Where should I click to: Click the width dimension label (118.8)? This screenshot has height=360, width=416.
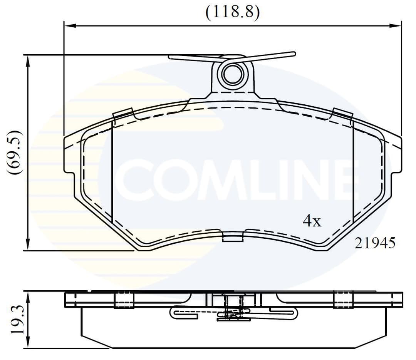click(x=232, y=12)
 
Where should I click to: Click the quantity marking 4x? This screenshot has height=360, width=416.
click(x=312, y=221)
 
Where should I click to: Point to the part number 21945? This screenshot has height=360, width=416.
click(x=375, y=243)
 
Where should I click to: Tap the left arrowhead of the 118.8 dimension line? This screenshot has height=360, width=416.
click(x=69, y=26)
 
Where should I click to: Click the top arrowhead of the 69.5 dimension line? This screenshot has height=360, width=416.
click(x=27, y=60)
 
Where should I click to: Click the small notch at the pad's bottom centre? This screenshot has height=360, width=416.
click(x=233, y=237)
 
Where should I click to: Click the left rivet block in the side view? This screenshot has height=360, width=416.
click(x=124, y=300)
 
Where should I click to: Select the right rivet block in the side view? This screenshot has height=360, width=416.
click(x=343, y=300)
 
